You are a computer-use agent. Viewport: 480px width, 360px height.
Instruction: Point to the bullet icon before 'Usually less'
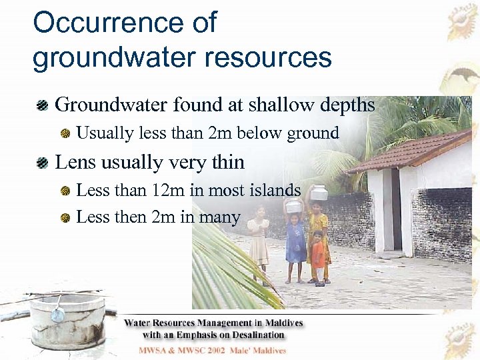pos(66,134)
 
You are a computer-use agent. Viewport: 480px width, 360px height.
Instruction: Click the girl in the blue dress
pos(295,243)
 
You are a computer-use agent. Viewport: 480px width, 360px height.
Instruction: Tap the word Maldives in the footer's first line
pos(280,323)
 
